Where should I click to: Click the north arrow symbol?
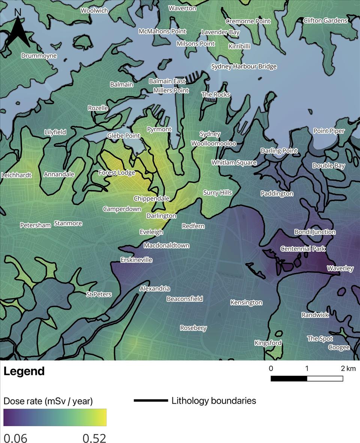click(18, 30)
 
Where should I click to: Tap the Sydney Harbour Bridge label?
click(244, 66)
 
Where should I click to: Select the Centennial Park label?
click(303, 249)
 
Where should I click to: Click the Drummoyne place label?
click(39, 56)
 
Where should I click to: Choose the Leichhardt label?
click(16, 175)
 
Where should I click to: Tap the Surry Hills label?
click(217, 192)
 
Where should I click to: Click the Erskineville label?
click(136, 260)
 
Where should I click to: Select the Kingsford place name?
click(268, 343)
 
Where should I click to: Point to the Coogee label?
click(339, 347)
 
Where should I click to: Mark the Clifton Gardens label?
click(325, 20)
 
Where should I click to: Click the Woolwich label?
click(94, 11)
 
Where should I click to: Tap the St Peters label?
click(99, 294)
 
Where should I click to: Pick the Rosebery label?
click(193, 328)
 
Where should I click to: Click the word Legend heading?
click(24, 371)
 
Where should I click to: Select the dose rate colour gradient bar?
click(55, 417)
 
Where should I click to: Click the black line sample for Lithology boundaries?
click(151, 401)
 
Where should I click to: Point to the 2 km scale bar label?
click(348, 368)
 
